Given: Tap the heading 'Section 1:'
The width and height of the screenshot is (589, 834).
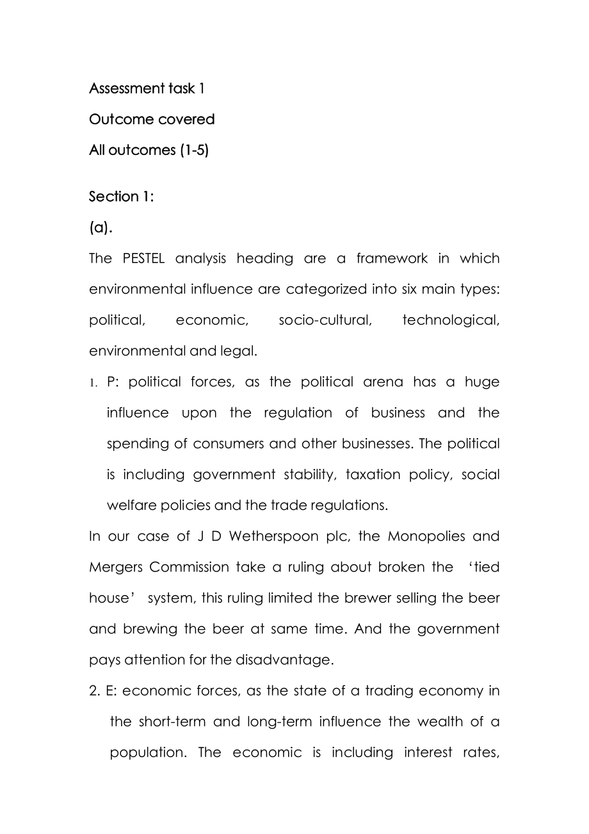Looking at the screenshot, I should (121, 197).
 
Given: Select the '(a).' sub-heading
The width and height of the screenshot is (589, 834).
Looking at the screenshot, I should (101, 227).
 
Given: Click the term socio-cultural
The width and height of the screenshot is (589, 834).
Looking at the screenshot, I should (325, 320).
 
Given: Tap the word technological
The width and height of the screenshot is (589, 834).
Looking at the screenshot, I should (451, 320).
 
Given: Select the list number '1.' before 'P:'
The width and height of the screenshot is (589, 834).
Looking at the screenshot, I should (93, 382).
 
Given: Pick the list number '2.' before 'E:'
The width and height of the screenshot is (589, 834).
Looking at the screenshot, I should (94, 691).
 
